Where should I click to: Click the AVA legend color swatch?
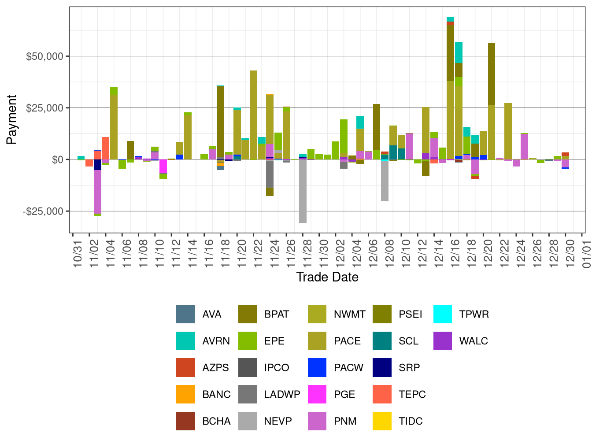pos(185,314)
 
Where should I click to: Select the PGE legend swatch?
pos(317,394)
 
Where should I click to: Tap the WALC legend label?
pos(474,341)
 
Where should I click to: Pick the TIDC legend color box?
pos(382,421)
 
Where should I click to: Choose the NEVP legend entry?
pos(277,421)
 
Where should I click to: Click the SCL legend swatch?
pos(382,341)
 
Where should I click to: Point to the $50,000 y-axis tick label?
pos(45,56)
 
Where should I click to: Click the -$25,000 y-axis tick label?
pos(43,211)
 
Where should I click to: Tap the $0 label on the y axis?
pos(57,159)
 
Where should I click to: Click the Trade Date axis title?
pos(327,277)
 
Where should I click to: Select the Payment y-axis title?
pos(12,119)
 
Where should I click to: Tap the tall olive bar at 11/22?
pos(253,115)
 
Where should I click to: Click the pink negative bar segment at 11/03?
pos(97,192)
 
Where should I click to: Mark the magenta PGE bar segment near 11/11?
pos(163,166)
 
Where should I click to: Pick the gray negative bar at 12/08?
pos(385,181)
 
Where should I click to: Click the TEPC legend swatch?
pos(382,394)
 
